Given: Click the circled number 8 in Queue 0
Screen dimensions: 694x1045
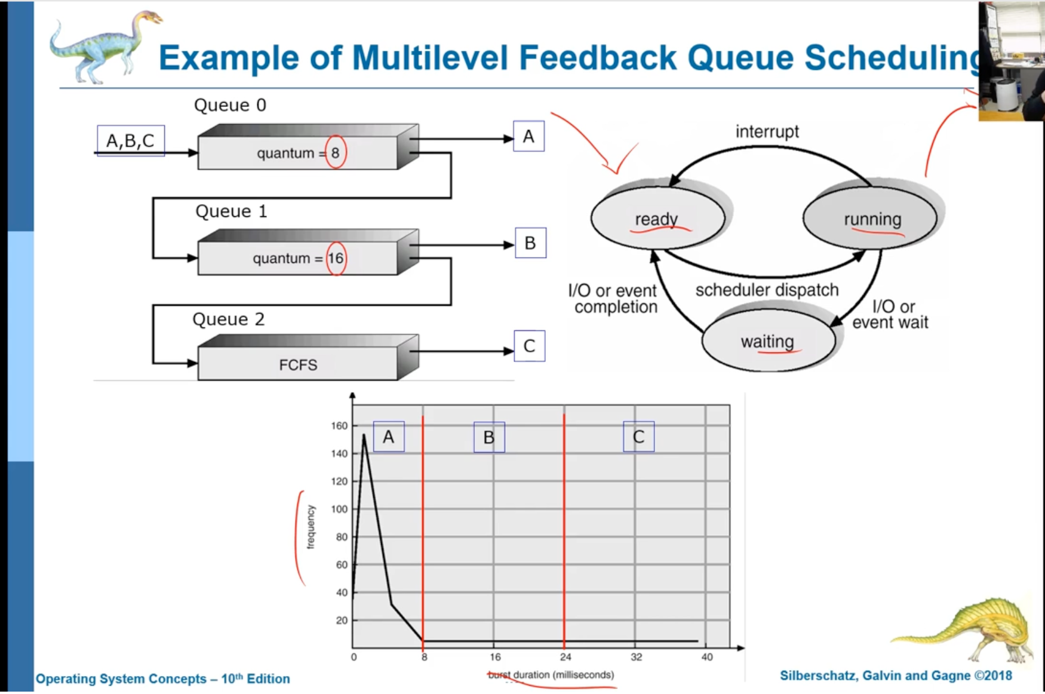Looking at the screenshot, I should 335,153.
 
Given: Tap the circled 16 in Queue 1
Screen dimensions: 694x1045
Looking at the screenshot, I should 336,258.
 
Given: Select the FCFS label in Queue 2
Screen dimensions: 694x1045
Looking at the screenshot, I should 298,365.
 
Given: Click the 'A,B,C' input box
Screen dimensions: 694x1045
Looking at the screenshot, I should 130,141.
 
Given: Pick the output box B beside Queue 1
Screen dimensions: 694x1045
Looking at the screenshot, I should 530,243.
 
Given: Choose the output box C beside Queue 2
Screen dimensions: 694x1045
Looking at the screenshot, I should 529,346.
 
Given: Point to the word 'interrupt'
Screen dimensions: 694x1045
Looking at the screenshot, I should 767,131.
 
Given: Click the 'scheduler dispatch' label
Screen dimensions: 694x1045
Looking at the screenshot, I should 767,290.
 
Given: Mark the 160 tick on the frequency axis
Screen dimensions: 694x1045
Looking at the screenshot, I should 339,426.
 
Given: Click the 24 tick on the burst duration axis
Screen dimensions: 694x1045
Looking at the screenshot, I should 565,657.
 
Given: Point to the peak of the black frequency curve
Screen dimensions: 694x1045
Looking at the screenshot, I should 364,435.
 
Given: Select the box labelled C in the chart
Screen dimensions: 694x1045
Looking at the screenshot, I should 638,437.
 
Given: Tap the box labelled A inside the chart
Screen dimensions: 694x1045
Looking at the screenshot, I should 388,437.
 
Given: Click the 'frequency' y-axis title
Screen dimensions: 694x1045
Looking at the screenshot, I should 311,527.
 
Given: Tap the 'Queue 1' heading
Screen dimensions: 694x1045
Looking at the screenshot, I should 231,211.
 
